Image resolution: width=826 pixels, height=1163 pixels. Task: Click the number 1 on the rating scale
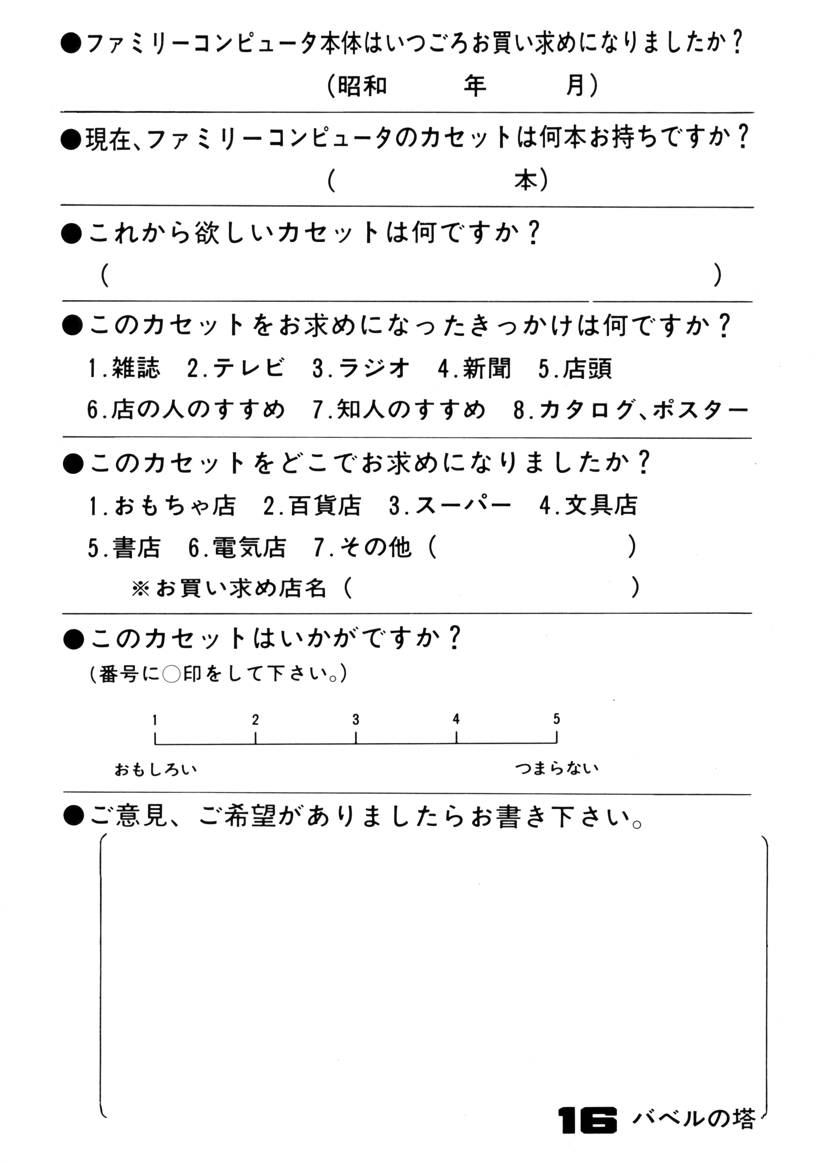(x=155, y=720)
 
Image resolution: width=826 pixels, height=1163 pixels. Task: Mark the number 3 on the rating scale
(x=355, y=720)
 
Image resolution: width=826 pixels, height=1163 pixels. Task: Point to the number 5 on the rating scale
(x=556, y=719)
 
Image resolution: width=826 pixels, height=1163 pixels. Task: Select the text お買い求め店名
(x=241, y=589)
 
